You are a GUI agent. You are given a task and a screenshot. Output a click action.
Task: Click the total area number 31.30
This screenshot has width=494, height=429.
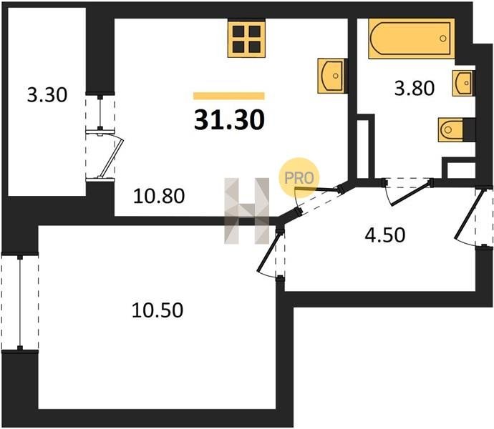point(229,120)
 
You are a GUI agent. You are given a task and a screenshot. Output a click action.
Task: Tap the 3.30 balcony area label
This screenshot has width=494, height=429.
point(47,95)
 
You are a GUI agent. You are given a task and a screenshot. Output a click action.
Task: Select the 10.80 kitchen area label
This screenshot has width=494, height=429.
point(159,196)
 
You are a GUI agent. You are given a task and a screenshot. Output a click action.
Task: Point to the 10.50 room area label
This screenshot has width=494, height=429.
point(158,310)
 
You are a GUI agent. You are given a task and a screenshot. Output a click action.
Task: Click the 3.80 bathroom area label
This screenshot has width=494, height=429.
point(415,88)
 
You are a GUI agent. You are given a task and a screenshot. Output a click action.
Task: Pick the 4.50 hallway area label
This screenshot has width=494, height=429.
point(385,235)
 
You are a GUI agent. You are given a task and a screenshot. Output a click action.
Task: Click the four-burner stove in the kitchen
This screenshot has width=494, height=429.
point(246,39)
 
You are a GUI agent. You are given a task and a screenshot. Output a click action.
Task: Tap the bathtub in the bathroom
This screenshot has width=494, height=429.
point(412,39)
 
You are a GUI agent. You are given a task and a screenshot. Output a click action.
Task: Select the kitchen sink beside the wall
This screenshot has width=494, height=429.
point(332,76)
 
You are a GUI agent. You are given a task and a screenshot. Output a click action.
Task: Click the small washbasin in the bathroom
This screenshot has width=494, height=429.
point(464,83)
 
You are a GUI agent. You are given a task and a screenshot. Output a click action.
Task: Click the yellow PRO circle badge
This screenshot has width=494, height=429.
point(299,178)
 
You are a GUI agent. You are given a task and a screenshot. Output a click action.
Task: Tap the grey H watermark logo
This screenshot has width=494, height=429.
point(247,210)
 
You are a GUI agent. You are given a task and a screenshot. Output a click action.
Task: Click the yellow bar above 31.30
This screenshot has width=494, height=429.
point(228,96)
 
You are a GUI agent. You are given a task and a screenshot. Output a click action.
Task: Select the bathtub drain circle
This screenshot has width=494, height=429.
point(443,39)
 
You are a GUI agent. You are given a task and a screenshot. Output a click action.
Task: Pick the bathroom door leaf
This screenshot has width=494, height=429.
point(410,193)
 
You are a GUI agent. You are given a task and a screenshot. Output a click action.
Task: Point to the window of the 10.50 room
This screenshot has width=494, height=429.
point(20,302)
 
